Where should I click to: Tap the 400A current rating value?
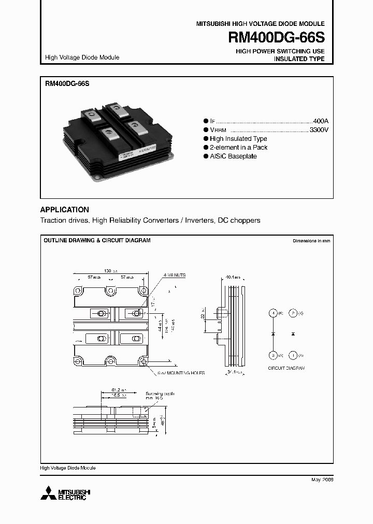click(321, 119)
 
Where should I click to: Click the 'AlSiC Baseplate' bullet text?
click(233, 156)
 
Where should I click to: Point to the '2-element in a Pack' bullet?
click(238, 148)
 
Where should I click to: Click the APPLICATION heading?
click(65, 210)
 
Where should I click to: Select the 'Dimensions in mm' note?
click(311, 241)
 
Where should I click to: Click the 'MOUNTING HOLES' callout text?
click(184, 373)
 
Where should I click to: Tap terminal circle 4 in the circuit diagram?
click(273, 313)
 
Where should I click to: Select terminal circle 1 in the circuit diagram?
click(293, 355)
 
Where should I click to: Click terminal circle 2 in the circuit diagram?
click(293, 313)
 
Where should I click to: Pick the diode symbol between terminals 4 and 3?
click(273, 334)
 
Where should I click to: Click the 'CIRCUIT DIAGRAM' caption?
click(286, 368)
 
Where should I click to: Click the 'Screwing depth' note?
click(160, 394)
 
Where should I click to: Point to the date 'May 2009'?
click(322, 480)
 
